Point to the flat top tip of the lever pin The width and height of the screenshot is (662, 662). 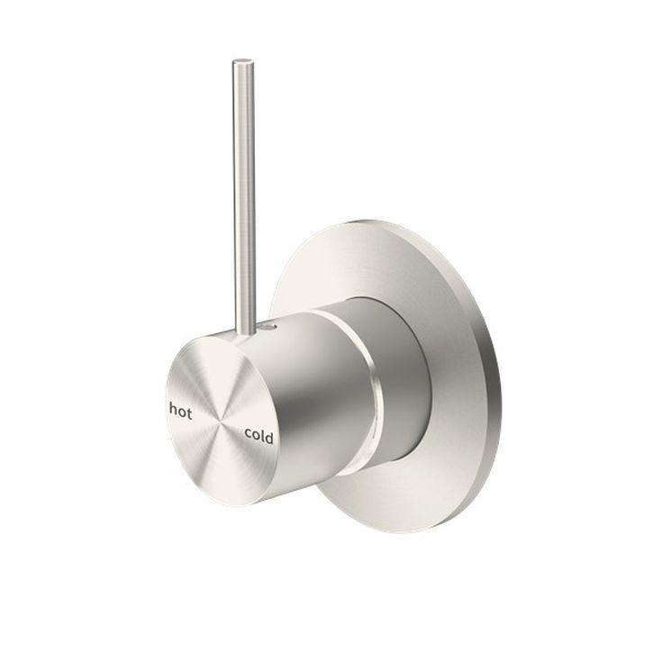(241, 62)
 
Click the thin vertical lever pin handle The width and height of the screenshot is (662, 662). (242, 180)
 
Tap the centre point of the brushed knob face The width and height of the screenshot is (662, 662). (220, 421)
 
